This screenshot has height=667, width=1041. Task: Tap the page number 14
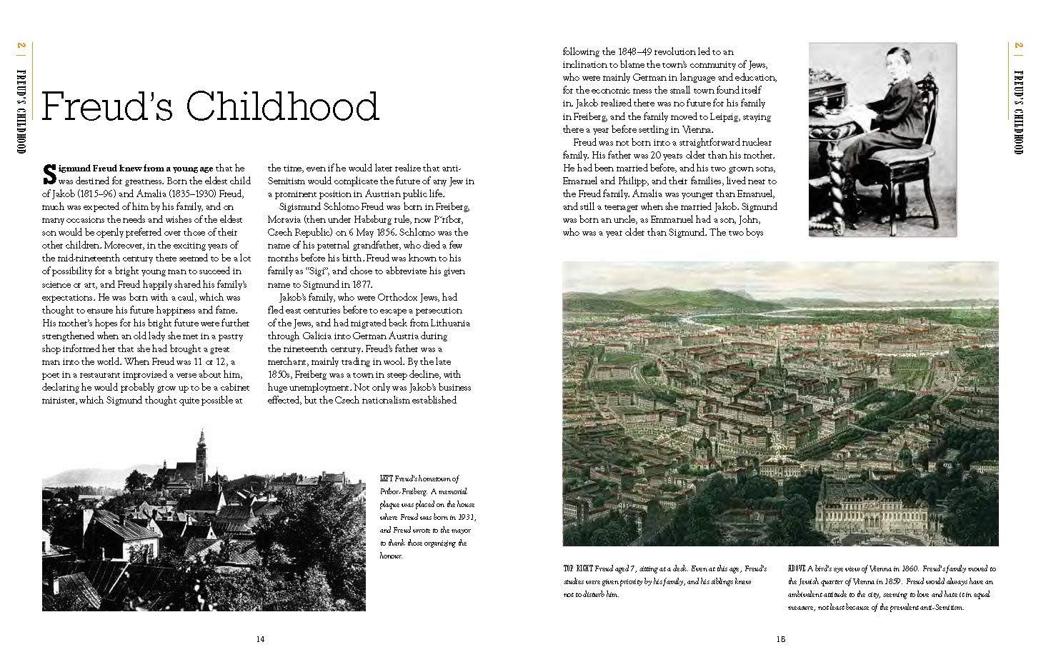click(260, 639)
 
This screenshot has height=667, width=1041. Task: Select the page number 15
click(780, 639)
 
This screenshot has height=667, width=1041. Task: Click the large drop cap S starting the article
click(49, 173)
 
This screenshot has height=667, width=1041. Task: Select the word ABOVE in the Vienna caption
click(797, 569)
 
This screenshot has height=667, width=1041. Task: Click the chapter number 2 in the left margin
click(21, 47)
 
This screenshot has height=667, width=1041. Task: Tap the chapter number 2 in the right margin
click(1018, 47)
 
